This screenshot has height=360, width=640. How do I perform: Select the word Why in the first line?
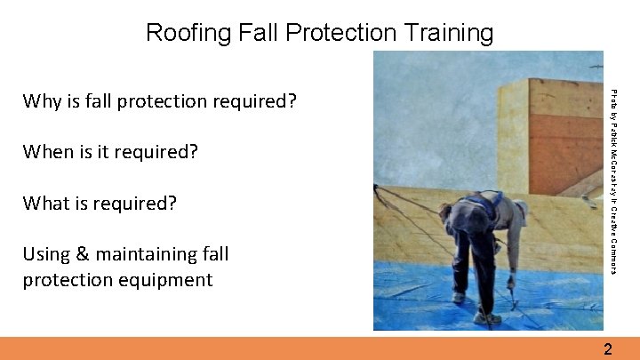tap(42, 101)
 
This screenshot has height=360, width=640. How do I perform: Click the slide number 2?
tap(607, 348)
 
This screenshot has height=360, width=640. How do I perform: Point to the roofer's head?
tap(452, 215)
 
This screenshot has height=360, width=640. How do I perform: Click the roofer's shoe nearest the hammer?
tap(486, 317)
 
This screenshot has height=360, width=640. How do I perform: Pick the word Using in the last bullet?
tap(47, 254)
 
